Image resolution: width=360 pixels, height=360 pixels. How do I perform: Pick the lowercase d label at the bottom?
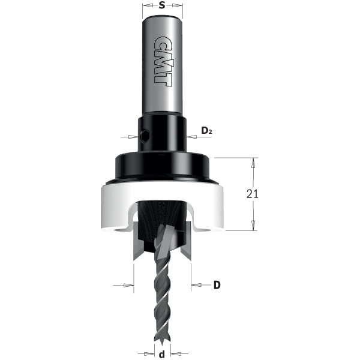click(x=161, y=354)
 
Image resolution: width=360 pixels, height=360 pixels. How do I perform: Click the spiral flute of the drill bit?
click(x=162, y=300)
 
